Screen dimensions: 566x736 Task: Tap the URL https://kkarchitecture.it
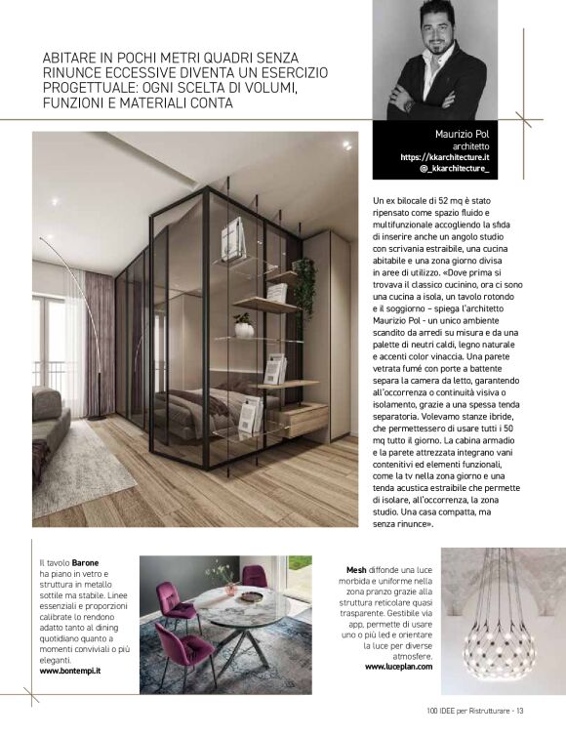coord(444,156)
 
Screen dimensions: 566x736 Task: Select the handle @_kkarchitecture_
coord(454,168)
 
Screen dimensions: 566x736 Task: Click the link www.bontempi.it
coord(70,672)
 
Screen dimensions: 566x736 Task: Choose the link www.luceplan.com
coord(397,666)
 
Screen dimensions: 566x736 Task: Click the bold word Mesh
coord(356,569)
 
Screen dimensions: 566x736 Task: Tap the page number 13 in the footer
coord(520,710)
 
